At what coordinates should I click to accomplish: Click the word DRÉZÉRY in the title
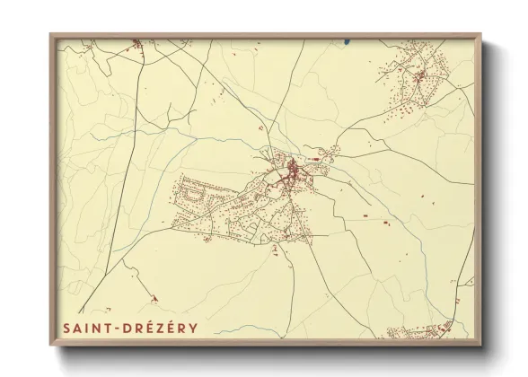coord(162,328)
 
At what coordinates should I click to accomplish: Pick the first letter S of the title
coord(66,328)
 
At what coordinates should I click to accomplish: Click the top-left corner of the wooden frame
coord(50,34)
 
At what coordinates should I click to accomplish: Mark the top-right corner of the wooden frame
coord(480,34)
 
